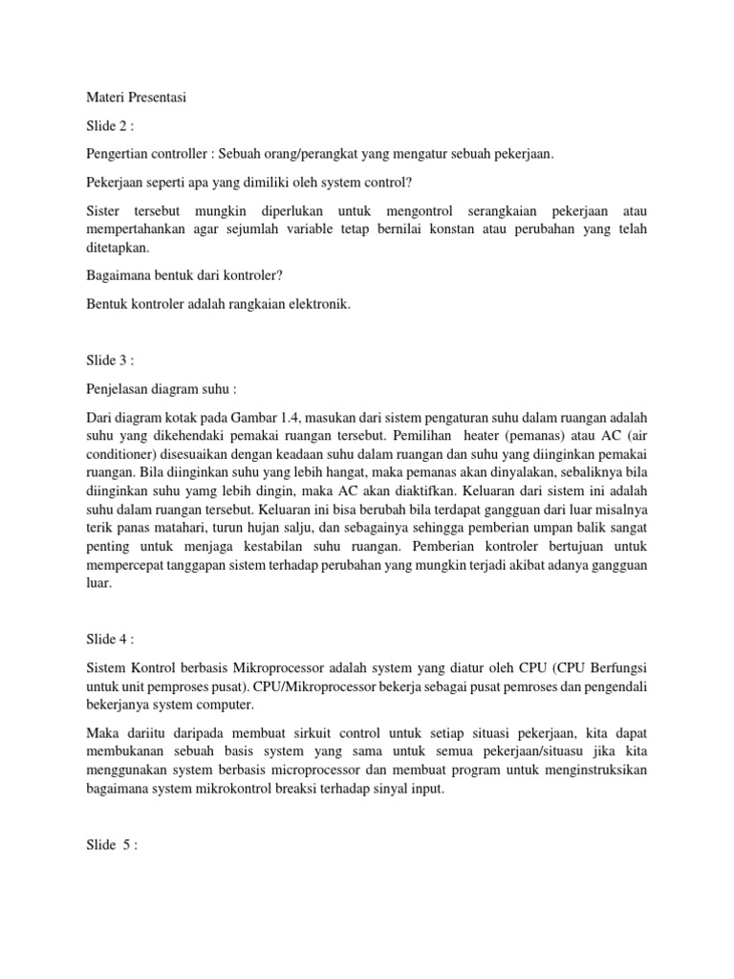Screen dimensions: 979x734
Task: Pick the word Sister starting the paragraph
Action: click(103, 208)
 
